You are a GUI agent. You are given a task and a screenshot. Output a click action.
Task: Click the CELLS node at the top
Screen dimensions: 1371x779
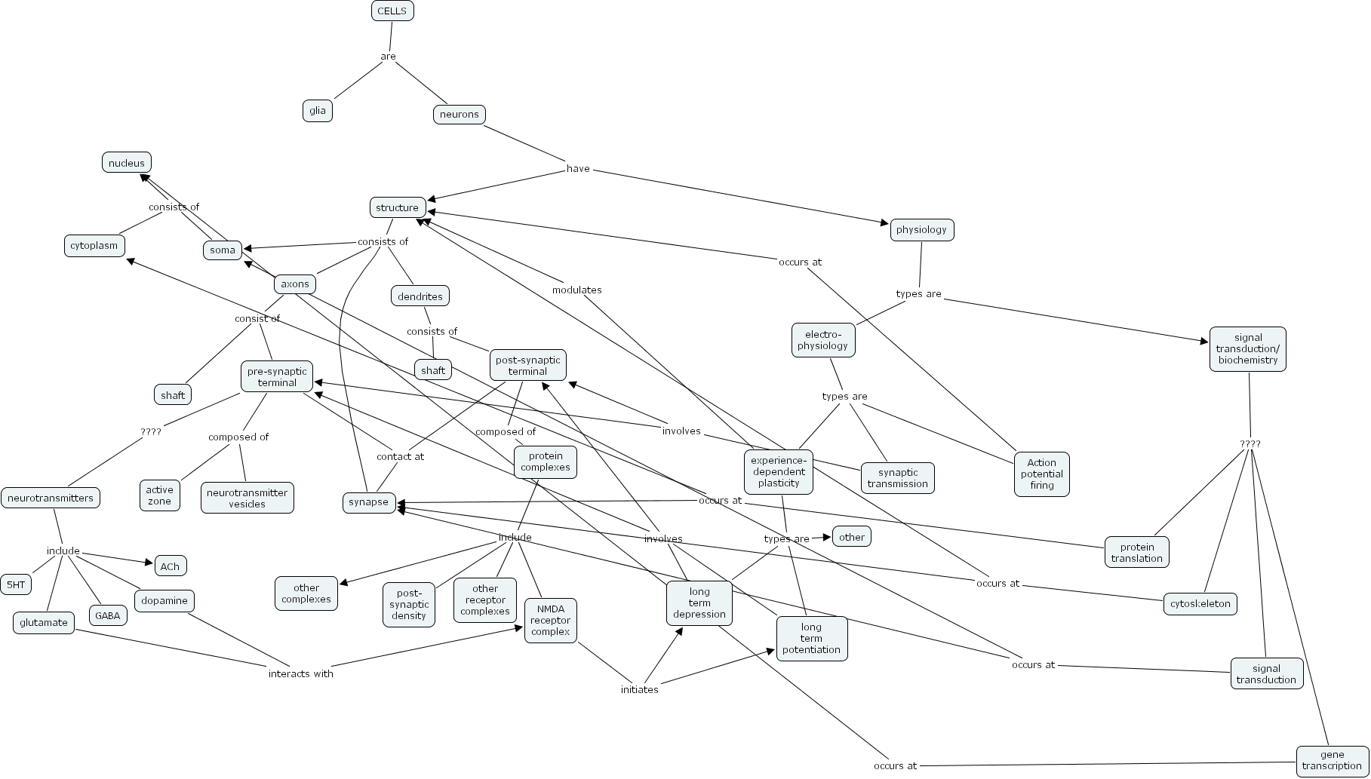click(x=392, y=11)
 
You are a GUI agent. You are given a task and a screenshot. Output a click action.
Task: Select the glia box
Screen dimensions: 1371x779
click(x=318, y=111)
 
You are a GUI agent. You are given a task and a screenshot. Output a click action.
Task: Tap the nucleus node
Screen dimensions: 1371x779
click(x=127, y=163)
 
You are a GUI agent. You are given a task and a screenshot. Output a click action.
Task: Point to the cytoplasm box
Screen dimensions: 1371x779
click(x=94, y=246)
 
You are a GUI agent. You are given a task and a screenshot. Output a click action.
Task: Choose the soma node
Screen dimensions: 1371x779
click(x=223, y=250)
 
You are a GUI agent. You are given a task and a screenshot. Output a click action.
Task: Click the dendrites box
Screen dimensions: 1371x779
click(x=420, y=296)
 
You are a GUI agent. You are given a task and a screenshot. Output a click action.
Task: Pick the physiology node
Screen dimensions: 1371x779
click(x=922, y=230)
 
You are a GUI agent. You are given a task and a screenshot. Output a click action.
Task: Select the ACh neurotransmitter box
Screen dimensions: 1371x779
click(x=171, y=566)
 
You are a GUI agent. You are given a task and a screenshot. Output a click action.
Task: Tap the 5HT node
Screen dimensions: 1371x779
click(x=16, y=584)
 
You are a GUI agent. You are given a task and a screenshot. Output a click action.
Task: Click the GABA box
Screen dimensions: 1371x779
click(x=108, y=615)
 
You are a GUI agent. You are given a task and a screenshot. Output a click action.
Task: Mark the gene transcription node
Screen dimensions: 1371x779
click(x=1332, y=760)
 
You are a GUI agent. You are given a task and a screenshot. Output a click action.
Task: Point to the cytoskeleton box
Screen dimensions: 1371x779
click(x=1200, y=604)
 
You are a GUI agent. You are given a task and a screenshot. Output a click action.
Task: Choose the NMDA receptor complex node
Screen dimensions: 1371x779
click(x=551, y=621)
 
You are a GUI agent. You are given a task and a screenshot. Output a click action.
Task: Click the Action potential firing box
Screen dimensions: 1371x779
click(x=1042, y=474)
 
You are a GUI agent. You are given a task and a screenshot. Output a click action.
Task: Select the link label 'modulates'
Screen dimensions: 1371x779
click(x=577, y=290)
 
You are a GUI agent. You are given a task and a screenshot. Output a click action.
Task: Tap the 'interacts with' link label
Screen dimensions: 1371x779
click(x=301, y=674)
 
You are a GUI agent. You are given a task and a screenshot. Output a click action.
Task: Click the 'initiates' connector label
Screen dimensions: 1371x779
click(x=640, y=690)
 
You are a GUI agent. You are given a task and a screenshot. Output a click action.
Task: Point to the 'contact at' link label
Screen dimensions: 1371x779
click(x=401, y=457)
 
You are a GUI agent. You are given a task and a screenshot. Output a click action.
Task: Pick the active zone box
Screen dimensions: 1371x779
click(x=160, y=496)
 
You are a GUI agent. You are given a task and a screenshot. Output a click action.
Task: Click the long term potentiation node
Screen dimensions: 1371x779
click(x=812, y=639)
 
